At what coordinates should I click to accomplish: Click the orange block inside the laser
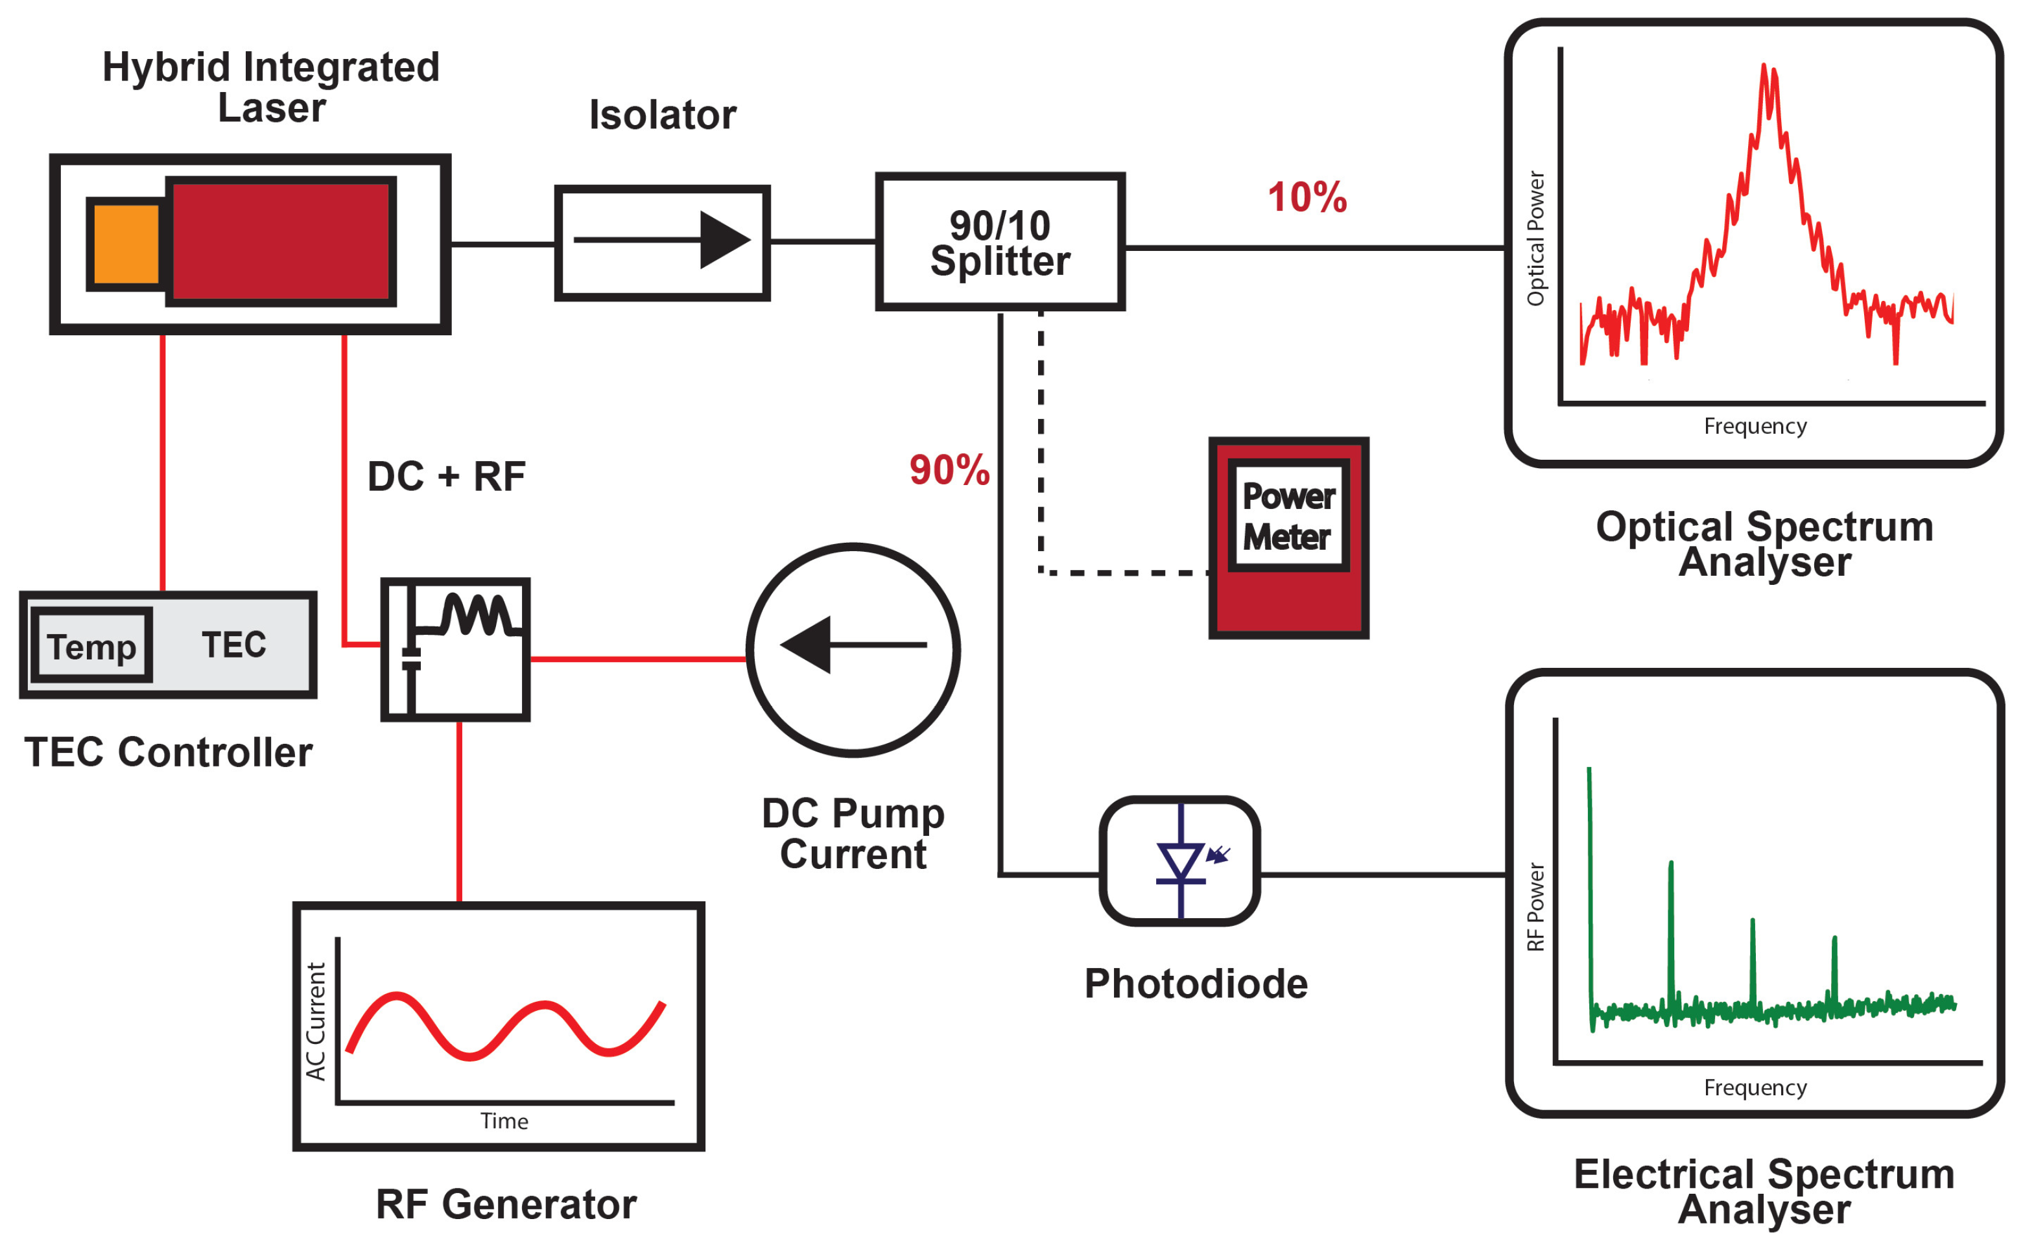(x=126, y=244)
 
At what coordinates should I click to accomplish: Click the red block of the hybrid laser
(x=280, y=241)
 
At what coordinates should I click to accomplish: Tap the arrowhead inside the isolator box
(x=722, y=240)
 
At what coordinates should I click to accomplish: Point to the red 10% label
(x=1306, y=198)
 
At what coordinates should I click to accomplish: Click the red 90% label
(x=949, y=470)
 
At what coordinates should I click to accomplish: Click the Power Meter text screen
(x=1288, y=516)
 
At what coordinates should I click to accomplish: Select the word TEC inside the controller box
(x=234, y=645)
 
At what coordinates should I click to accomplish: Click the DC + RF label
(x=445, y=477)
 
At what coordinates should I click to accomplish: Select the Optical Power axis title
(x=1535, y=239)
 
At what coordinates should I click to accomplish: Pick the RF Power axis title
(x=1535, y=907)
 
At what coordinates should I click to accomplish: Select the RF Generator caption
(x=506, y=1205)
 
